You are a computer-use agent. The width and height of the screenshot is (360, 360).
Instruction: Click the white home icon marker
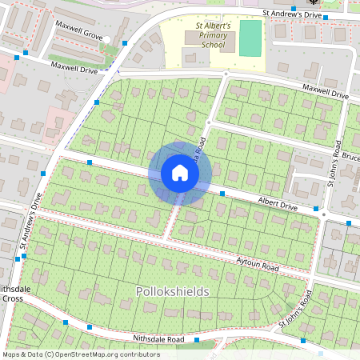[180, 173]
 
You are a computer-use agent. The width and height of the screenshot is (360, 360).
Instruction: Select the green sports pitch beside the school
[250, 38]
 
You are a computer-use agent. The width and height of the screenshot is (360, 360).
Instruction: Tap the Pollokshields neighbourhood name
[172, 291]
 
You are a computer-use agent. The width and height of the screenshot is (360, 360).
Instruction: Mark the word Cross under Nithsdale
[12, 298]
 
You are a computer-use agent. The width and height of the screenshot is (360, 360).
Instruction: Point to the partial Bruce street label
[350, 156]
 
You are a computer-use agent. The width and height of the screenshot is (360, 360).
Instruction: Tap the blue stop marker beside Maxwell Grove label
[126, 42]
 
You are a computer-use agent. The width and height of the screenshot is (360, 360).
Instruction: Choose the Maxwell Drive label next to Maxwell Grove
[74, 69]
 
